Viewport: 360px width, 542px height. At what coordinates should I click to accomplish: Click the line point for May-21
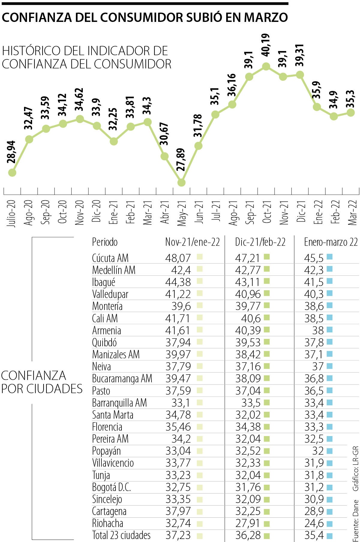point(181,182)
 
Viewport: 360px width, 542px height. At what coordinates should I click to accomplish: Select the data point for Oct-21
point(266,66)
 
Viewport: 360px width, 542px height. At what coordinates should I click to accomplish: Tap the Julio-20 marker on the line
point(12,173)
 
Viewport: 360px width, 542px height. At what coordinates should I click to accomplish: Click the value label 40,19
point(266,45)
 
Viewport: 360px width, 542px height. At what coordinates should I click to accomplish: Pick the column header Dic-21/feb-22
point(260,242)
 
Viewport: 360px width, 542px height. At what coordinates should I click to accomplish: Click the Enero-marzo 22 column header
point(331,242)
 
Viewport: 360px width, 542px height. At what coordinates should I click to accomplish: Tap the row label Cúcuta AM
point(110,258)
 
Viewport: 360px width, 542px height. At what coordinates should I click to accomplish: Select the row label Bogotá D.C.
point(111,487)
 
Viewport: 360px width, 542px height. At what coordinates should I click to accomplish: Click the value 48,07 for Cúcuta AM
point(178,258)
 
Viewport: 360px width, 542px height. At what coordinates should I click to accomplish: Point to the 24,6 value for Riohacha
point(314,523)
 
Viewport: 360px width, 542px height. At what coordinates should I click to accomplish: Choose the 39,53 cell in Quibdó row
point(248,343)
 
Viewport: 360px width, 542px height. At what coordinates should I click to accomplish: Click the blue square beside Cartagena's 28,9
point(329,511)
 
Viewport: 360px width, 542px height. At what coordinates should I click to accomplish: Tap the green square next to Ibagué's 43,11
point(267,281)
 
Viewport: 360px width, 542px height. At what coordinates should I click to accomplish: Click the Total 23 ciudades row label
point(121,535)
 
